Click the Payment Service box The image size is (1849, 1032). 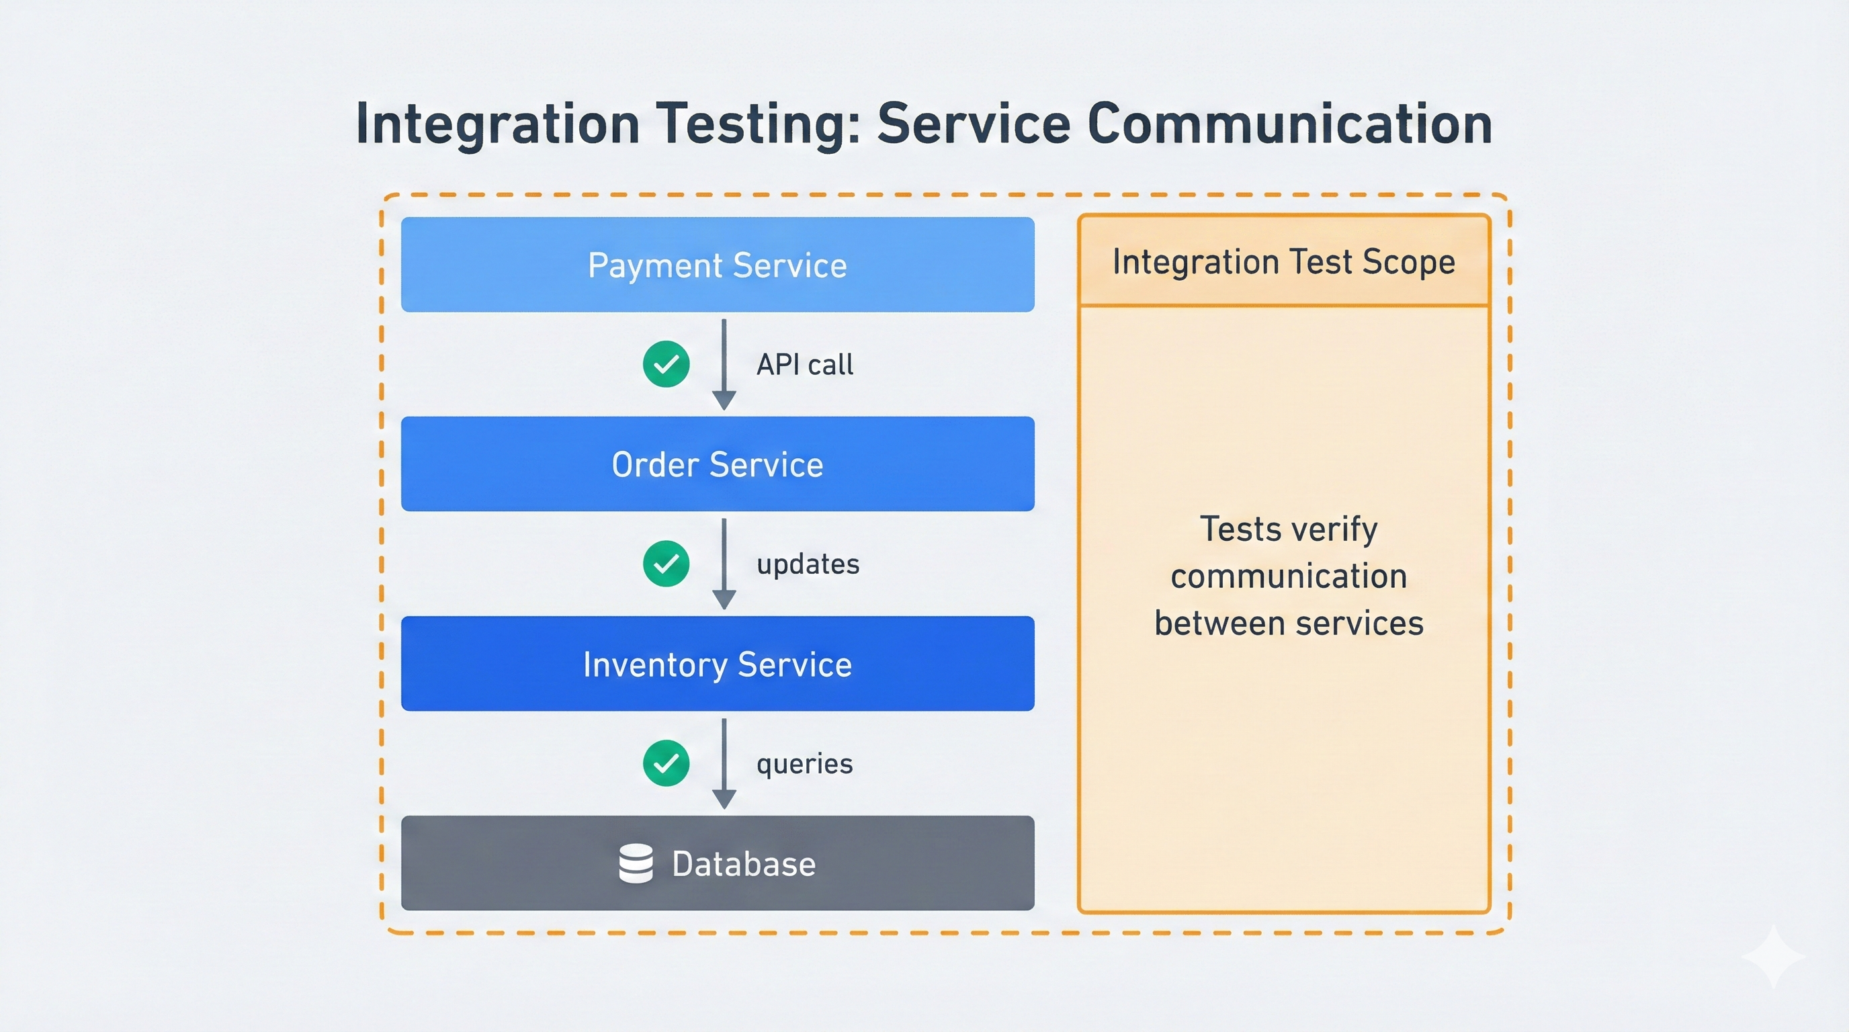pos(717,265)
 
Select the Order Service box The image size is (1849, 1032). pos(717,464)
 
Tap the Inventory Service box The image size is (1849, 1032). pos(717,664)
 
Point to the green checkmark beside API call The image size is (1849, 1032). pos(666,364)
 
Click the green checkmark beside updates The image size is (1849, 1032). pos(666,563)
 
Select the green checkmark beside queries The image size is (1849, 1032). pos(666,763)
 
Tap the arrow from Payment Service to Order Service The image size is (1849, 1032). pos(724,364)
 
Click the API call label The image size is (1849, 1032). pos(805,365)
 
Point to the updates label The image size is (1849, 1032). pos(808,565)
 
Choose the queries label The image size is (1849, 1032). pos(805,765)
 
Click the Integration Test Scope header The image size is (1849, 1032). pos(1283,261)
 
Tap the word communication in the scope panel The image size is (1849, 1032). pos(1289,576)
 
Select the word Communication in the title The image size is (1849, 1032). pos(1289,124)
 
